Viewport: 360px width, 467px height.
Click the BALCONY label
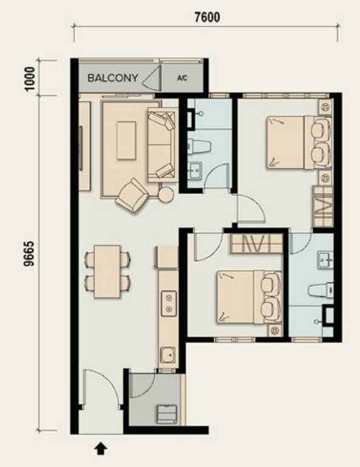pyautogui.click(x=113, y=78)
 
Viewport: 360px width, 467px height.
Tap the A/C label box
pyautogui.click(x=182, y=78)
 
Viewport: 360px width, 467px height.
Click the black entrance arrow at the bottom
pyautogui.click(x=101, y=449)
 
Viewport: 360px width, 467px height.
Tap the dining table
pyautogui.click(x=107, y=271)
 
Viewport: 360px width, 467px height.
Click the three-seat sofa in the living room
pyautogui.click(x=161, y=144)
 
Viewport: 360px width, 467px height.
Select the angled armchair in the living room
pyautogui.click(x=132, y=196)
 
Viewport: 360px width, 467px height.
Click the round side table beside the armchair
pyautogui.click(x=166, y=195)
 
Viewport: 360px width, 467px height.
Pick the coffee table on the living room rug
pyautogui.click(x=126, y=141)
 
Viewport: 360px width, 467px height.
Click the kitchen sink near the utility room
pyautogui.click(x=166, y=354)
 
